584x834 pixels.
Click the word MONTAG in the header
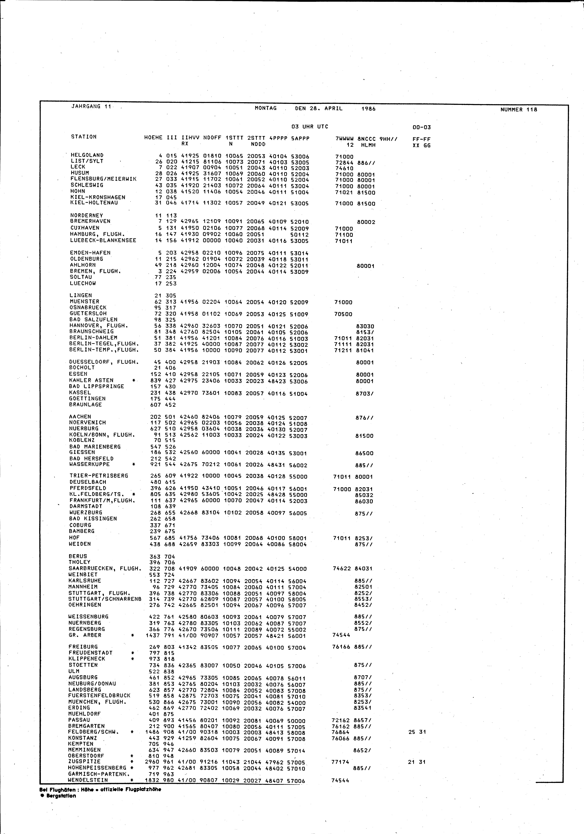click(x=266, y=108)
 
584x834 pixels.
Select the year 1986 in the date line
click(x=369, y=109)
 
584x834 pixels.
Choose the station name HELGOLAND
click(x=87, y=155)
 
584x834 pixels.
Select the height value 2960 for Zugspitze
click(x=153, y=762)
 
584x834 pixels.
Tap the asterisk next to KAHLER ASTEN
click(x=134, y=380)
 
